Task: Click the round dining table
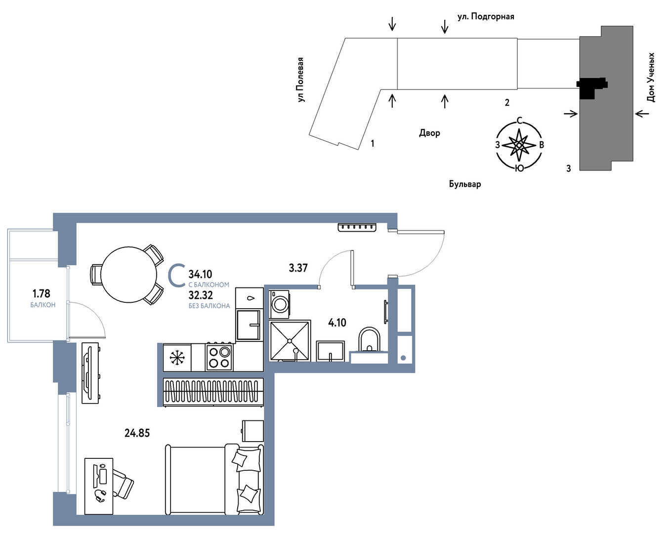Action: click(128, 275)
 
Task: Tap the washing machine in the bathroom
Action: click(279, 304)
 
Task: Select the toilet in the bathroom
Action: click(369, 340)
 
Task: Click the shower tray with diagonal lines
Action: click(290, 341)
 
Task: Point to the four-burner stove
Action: click(219, 357)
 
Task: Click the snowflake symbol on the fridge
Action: click(177, 357)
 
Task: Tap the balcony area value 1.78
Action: click(42, 293)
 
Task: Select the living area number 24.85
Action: click(137, 433)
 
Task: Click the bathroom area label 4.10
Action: click(337, 323)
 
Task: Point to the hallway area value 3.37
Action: click(298, 268)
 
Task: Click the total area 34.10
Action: click(200, 274)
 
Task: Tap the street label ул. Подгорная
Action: click(486, 16)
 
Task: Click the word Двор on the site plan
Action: click(430, 133)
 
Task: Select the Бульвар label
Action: click(465, 184)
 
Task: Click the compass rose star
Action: click(519, 145)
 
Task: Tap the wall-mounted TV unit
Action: click(90, 373)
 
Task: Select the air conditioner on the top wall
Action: click(357, 228)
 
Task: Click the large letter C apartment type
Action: click(176, 275)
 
